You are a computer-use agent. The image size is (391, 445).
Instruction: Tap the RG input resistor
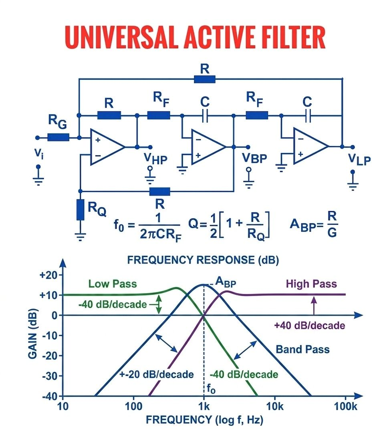[x=58, y=137]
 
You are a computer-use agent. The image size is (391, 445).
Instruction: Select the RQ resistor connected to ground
[x=81, y=209]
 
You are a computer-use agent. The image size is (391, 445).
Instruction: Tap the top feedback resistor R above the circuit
[x=205, y=79]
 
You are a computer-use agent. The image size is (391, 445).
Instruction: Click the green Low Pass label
[x=113, y=284]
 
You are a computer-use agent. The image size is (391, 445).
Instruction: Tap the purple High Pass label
[x=311, y=284]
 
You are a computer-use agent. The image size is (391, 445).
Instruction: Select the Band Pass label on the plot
[x=302, y=349]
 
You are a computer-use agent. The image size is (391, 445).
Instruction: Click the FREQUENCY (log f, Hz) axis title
[x=204, y=420]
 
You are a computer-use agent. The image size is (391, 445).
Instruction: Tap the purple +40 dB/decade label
[x=310, y=326]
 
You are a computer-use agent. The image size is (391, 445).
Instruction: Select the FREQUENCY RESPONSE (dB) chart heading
[x=203, y=260]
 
